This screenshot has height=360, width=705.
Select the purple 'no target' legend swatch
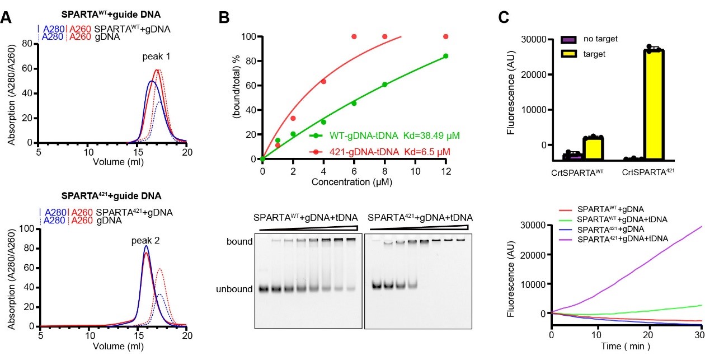pos(569,40)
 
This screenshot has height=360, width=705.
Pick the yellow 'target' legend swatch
pos(569,54)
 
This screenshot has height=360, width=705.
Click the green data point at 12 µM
pos(445,56)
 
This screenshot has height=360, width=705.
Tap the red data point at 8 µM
pos(384,37)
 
